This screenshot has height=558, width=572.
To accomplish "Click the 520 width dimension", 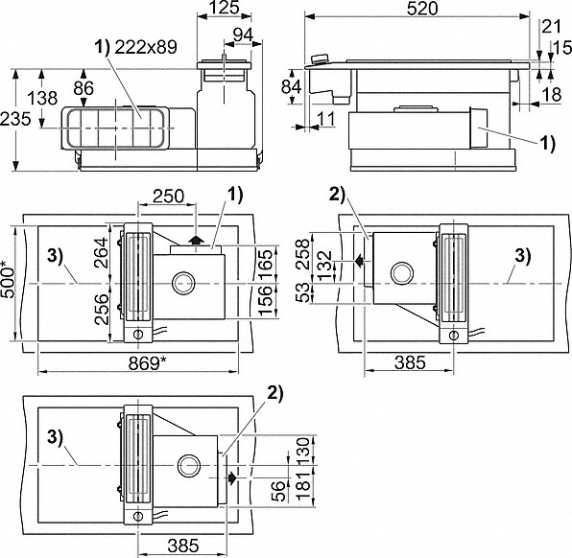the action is click(x=422, y=9).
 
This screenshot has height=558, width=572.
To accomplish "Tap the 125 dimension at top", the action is click(x=225, y=8).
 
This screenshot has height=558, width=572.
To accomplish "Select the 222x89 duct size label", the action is click(x=146, y=47).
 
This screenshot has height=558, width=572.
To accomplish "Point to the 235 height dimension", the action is click(x=15, y=119).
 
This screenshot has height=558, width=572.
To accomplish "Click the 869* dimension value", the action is click(x=148, y=363).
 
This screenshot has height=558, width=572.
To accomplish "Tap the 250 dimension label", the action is click(x=168, y=197).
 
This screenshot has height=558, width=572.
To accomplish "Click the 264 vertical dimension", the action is click(x=101, y=253).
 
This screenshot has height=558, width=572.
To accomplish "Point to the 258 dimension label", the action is click(x=304, y=254).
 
